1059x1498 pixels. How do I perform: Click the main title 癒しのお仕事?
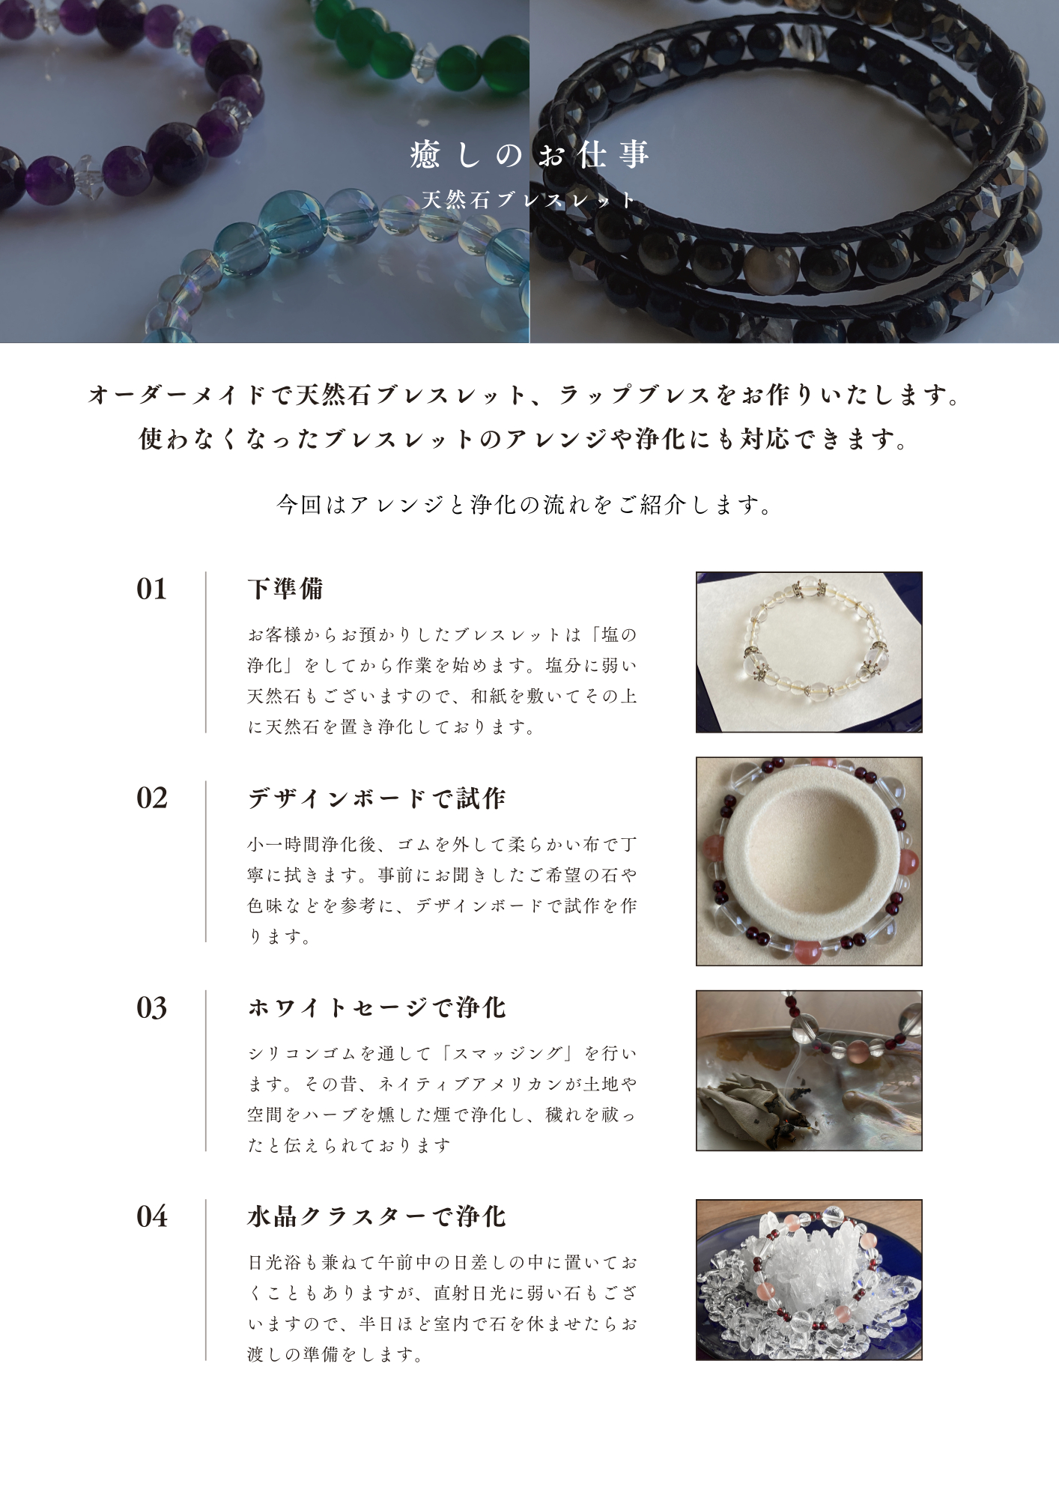pos(529,155)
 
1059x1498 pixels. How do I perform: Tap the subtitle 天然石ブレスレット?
pos(529,200)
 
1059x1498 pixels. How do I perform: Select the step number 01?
pos(151,589)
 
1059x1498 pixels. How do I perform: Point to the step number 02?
pos(151,798)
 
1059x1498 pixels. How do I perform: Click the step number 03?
pos(151,1008)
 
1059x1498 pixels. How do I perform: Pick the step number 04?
pos(151,1217)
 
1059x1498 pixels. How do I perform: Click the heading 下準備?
pos(285,589)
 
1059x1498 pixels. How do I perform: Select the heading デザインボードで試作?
pos(377,798)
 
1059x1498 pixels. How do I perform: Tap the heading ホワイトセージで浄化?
pos(377,1007)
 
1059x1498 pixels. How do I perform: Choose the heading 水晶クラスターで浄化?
pos(377,1216)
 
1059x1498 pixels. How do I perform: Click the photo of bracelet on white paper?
pos(809,652)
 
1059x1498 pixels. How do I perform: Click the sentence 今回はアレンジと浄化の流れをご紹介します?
pos(524,505)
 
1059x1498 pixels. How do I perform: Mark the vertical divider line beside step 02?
pos(206,861)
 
